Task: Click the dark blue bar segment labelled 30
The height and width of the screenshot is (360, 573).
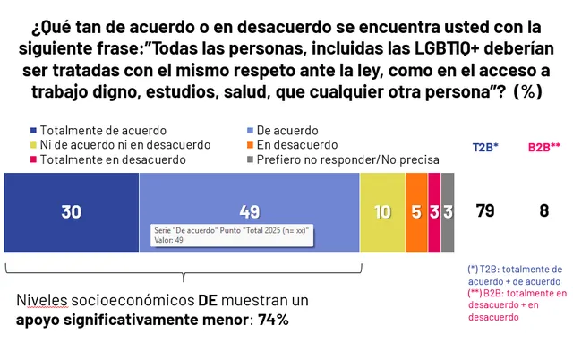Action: coord(72,212)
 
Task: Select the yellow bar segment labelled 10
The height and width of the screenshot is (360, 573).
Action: coord(382,212)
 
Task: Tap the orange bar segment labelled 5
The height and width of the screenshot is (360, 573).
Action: coord(416,212)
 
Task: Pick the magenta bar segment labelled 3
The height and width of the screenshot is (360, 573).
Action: coord(434,212)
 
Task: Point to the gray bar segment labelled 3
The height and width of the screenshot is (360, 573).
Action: coord(448,212)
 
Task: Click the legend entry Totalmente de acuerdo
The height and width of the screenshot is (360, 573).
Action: coord(98,131)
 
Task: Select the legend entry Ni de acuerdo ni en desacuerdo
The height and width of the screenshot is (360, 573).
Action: coord(120,145)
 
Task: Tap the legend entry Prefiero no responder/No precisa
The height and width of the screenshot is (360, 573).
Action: coord(343,159)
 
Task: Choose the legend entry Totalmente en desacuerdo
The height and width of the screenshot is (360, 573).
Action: coord(108,159)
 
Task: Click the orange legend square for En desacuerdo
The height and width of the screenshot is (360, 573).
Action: coord(251,145)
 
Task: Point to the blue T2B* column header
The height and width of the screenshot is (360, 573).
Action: coord(485,147)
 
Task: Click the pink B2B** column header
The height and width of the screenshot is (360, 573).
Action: coord(544,147)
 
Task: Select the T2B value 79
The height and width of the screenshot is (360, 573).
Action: coord(485,210)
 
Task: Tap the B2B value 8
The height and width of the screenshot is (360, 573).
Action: coord(544,210)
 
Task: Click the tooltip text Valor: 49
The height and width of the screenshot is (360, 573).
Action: coord(168,240)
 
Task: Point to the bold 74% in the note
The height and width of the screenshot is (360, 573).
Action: coord(273,321)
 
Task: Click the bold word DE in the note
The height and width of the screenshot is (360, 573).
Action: coord(208,300)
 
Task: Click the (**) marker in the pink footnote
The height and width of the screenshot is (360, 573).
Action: coord(475,293)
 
